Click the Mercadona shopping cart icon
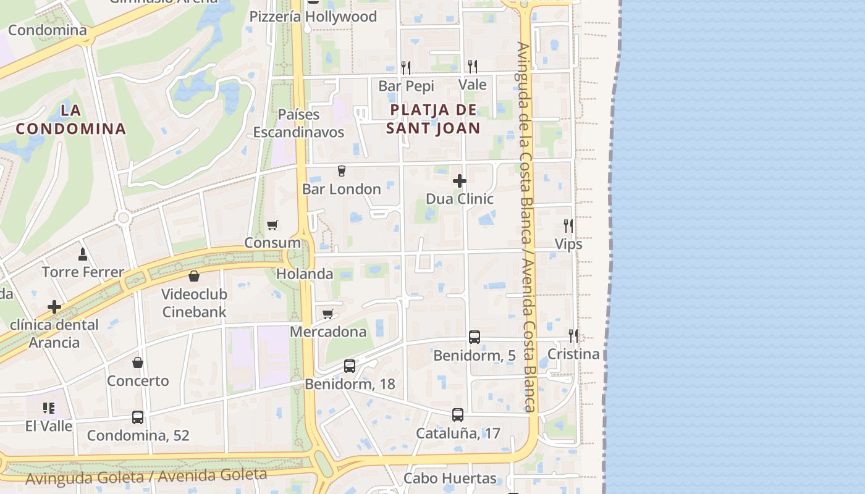[328, 314]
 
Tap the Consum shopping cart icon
[272, 225]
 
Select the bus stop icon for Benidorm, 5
[475, 337]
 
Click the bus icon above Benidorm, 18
[350, 366]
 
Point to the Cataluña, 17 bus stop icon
[458, 415]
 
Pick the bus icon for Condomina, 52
[138, 417]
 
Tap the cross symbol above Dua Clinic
[460, 181]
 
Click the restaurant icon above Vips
[568, 226]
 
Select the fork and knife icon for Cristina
[573, 336]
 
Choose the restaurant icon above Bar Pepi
[406, 67]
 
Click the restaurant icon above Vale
[473, 66]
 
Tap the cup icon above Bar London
[342, 171]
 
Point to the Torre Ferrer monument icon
[83, 254]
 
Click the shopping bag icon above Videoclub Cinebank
[194, 276]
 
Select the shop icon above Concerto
[138, 362]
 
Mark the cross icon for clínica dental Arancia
[54, 307]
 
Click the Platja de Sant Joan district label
[433, 119]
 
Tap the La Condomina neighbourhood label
[71, 120]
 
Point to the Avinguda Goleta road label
[146, 476]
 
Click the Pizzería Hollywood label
[313, 17]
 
